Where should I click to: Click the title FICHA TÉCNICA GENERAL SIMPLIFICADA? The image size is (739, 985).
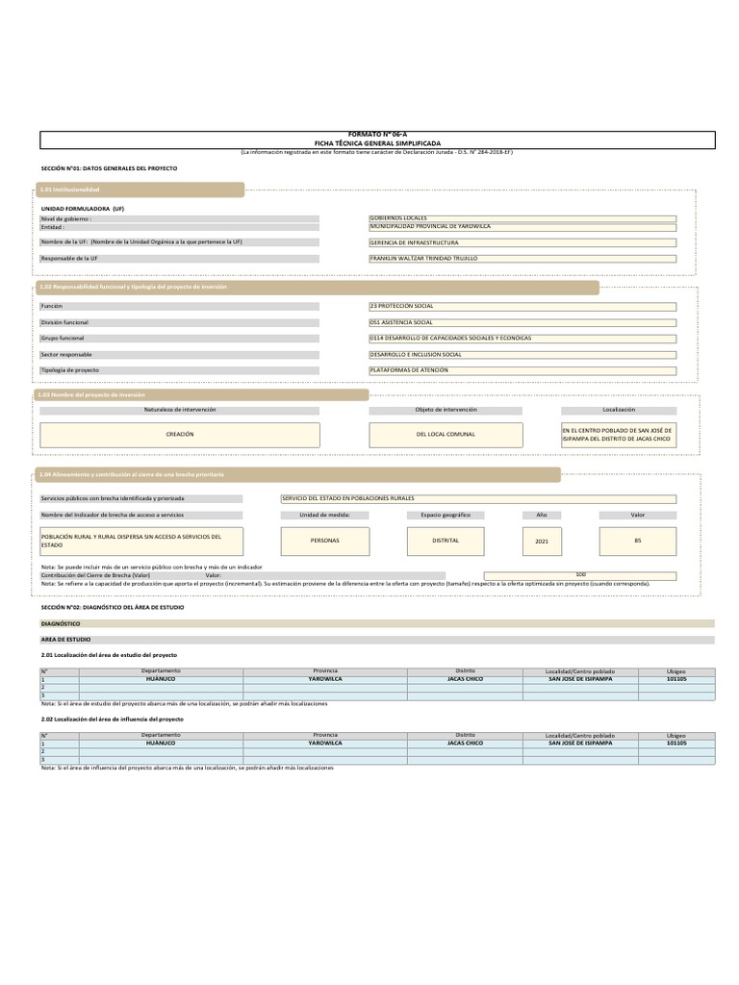[x=377, y=142]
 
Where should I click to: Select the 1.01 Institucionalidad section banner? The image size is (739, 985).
[x=140, y=189]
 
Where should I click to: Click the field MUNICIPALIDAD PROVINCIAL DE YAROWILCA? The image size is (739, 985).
[x=522, y=226]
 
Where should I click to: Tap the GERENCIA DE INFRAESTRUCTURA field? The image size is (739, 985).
[x=522, y=242]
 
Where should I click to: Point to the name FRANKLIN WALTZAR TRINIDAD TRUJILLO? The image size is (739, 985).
[x=522, y=259]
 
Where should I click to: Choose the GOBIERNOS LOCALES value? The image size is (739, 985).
[x=522, y=218]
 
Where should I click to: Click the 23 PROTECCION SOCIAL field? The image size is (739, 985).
[x=522, y=306]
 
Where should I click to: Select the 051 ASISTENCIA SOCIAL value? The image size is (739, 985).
[x=522, y=322]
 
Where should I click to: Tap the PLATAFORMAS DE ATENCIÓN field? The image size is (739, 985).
[x=522, y=369]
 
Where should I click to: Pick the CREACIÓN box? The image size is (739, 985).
[x=180, y=434]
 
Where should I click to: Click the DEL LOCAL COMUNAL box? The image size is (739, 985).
[x=446, y=434]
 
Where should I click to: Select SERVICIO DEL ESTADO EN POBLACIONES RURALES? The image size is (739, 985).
[x=477, y=498]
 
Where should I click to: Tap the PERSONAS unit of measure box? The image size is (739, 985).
[x=325, y=541]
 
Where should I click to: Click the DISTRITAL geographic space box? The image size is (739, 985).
[x=446, y=541]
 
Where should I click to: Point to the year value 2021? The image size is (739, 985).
[x=541, y=542]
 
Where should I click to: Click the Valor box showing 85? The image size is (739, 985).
[x=637, y=541]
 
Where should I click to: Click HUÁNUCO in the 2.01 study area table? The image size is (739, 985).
[x=161, y=678]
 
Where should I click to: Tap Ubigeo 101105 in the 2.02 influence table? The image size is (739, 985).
[x=676, y=743]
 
